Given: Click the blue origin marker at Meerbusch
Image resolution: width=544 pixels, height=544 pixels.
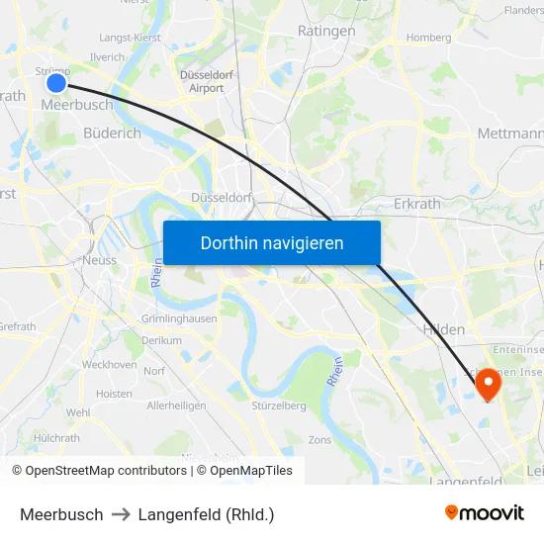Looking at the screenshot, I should point(56,83).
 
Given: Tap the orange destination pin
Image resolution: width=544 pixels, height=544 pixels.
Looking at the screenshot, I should point(488,384).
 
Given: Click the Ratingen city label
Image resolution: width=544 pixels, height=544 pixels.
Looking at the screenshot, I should point(326,32).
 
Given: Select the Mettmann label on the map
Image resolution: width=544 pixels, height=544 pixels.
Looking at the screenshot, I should point(510,133).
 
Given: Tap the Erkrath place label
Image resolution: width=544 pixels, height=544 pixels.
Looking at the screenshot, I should point(416,204).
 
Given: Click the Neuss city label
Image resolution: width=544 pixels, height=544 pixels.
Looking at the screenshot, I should point(100,260).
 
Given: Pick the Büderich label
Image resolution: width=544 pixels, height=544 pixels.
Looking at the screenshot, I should point(112,133).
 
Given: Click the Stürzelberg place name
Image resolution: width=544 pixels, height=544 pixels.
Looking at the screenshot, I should point(279,406).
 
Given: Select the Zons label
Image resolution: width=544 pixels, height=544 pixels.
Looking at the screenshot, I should point(320,439).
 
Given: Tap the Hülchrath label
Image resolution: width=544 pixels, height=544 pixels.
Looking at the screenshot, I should point(57,437).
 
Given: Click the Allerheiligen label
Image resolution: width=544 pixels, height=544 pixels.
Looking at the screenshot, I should point(176,406).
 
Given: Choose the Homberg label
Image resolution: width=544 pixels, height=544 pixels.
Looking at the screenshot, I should point(428,39).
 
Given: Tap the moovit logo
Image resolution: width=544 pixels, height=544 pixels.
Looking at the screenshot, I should point(485,513).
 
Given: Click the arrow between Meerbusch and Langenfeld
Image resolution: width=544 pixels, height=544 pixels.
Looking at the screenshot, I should point(121,514).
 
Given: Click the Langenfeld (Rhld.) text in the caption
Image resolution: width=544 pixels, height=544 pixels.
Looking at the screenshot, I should point(206,514).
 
